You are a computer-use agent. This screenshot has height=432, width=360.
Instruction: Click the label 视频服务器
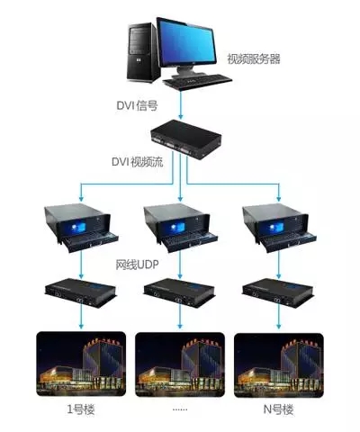[254, 58]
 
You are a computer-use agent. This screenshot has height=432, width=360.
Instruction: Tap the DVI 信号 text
[137, 105]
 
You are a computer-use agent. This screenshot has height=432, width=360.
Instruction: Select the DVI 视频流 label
[138, 162]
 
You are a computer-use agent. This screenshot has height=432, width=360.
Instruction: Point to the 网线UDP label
[137, 265]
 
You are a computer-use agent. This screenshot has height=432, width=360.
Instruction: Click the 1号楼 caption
[81, 409]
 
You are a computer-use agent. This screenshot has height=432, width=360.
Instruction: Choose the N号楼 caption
[278, 409]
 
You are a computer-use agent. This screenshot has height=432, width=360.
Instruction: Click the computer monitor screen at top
[187, 42]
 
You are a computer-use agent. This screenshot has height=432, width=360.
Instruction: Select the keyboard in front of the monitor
[197, 81]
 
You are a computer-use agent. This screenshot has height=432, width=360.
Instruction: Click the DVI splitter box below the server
[186, 139]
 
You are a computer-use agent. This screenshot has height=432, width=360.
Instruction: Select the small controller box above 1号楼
[80, 292]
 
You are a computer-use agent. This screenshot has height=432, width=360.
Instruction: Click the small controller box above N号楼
[278, 292]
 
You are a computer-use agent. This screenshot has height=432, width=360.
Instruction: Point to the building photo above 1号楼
[81, 364]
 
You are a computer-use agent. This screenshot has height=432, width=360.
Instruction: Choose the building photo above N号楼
[279, 364]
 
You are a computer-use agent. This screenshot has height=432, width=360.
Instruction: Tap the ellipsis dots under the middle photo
[180, 409]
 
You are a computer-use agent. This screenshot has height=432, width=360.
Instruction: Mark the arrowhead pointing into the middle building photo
[180, 326]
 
